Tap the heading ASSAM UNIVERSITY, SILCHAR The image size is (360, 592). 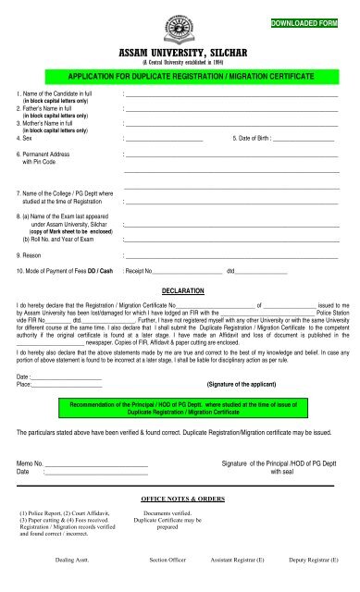click(x=180, y=54)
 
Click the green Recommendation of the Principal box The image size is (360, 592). click(x=180, y=408)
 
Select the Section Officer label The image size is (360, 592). click(x=170, y=560)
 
